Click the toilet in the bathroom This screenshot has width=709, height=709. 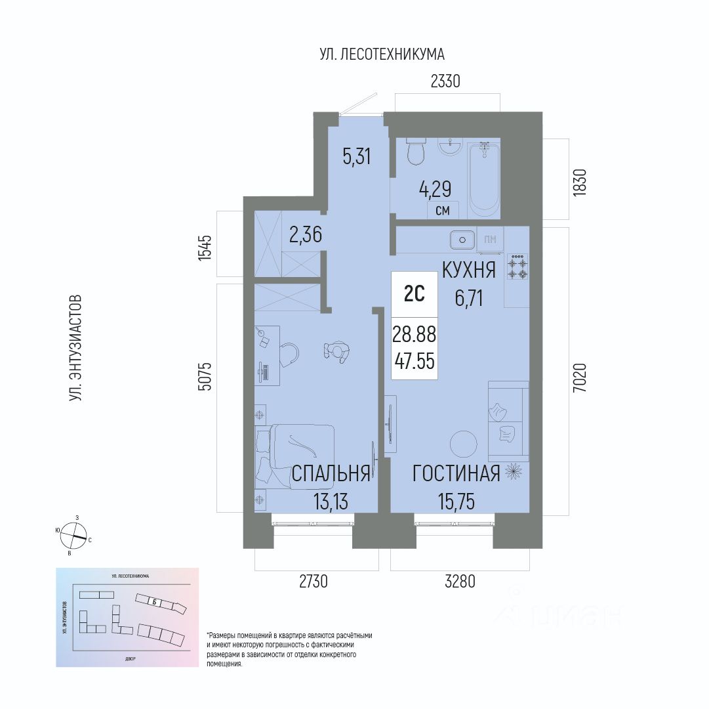pyautogui.click(x=415, y=153)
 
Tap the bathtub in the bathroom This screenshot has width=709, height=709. pyautogui.click(x=484, y=179)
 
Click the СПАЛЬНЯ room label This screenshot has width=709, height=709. pyautogui.click(x=331, y=474)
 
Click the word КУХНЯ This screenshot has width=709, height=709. pyautogui.click(x=468, y=270)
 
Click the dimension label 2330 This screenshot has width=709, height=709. pyautogui.click(x=446, y=81)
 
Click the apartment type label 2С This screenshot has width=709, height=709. pyautogui.click(x=414, y=293)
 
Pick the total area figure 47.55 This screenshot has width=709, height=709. pyautogui.click(x=414, y=361)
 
